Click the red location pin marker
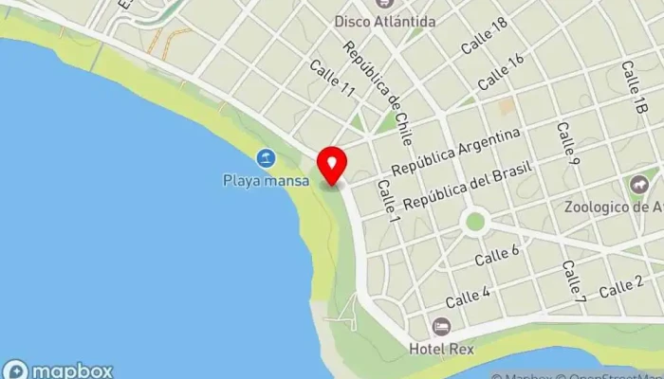[331, 165]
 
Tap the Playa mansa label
[261, 179]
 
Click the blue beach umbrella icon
[267, 158]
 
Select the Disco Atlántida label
[385, 21]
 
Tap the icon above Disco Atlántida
[384, 3]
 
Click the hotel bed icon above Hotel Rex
[441, 327]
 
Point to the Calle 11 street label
[332, 80]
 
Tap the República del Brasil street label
[468, 186]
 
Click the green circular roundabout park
[475, 222]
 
